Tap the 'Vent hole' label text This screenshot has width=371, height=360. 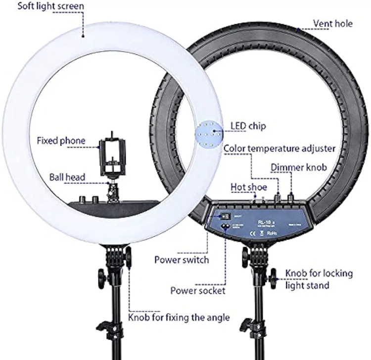pyautogui.click(x=333, y=23)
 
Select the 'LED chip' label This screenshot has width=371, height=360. pyautogui.click(x=248, y=126)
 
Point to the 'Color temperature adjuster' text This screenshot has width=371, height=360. pyautogui.click(x=279, y=148)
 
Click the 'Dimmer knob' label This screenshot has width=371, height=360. pyautogui.click(x=298, y=168)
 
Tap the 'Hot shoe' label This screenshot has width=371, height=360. pyautogui.click(x=249, y=187)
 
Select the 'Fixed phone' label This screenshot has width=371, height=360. pyautogui.click(x=61, y=141)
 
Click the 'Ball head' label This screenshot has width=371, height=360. pyautogui.click(x=67, y=177)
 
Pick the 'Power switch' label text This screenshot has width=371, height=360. pyautogui.click(x=182, y=259)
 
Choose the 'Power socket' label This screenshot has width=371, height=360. pyautogui.click(x=197, y=291)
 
